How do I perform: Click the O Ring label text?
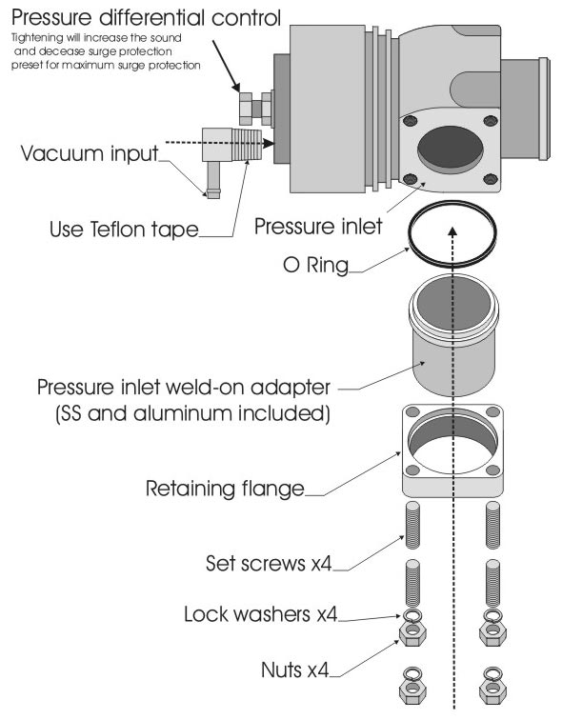pyautogui.click(x=316, y=265)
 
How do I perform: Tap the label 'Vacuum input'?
pyautogui.click(x=90, y=153)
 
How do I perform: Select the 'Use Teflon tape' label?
pyautogui.click(x=124, y=230)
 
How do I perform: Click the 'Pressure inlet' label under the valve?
pyautogui.click(x=318, y=227)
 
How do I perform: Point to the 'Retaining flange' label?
pyautogui.click(x=225, y=489)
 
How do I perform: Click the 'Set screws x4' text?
pyautogui.click(x=269, y=564)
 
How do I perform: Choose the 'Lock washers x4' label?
pyautogui.click(x=261, y=614)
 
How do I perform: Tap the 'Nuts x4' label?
pyautogui.click(x=294, y=670)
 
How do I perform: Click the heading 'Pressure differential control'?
pyautogui.click(x=146, y=17)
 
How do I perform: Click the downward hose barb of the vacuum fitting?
pyautogui.click(x=213, y=180)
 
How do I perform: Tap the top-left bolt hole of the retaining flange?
pyautogui.click(x=411, y=411)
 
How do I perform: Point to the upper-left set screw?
pyautogui.click(x=412, y=526)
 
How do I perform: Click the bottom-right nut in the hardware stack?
pyautogui.click(x=492, y=688)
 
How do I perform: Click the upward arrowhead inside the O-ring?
pyautogui.click(x=452, y=231)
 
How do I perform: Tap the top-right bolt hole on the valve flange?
pyautogui.click(x=491, y=121)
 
